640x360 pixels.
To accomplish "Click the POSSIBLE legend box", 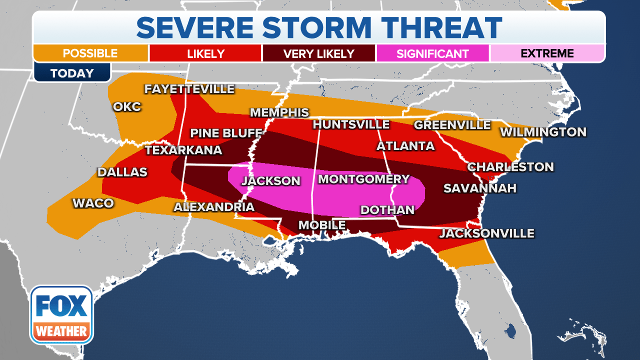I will coord(90,53).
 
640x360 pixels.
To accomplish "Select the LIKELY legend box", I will coord(205,53).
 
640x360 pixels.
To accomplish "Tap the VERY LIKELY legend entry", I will coord(318,53).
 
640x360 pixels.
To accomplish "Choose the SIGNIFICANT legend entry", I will coord(432,53).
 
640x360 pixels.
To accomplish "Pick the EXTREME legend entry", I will coord(547,53).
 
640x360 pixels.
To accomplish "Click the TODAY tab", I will coord(72,73).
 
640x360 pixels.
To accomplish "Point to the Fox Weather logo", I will coord(61,315).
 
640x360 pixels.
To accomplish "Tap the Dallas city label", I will coord(122,172).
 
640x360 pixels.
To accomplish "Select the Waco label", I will coord(93,203).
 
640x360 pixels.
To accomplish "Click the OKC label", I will coord(127,107).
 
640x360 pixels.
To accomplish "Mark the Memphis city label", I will coord(279,112).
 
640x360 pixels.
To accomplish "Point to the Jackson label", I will coord(271,181).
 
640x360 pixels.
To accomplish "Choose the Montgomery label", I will coord(363,179).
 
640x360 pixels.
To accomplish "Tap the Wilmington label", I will coord(543,132).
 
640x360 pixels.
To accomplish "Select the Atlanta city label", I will coord(405,146).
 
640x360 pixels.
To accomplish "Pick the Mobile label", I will coord(322,225).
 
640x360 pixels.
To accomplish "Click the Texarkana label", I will coord(183,150).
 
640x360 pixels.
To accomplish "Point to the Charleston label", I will coord(510,167).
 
